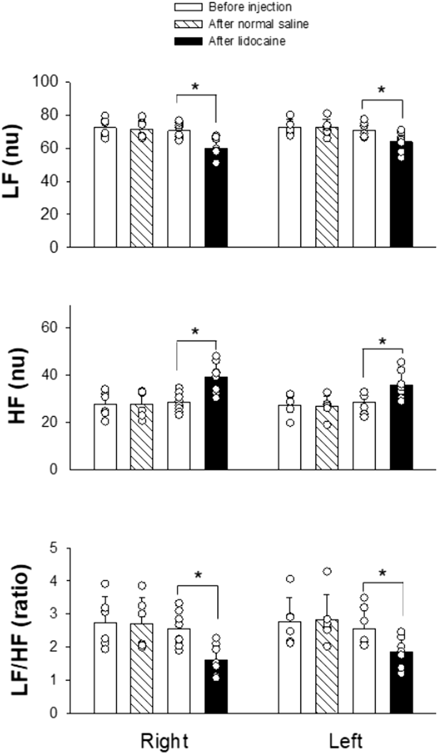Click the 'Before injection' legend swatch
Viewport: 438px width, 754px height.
pyautogui.click(x=188, y=7)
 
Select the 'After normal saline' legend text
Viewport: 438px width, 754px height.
pyautogui.click(x=258, y=24)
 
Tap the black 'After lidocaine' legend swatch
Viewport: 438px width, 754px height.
pyautogui.click(x=188, y=41)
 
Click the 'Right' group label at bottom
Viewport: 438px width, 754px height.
pyautogui.click(x=164, y=742)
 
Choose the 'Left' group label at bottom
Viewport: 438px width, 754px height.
pyautogui.click(x=346, y=742)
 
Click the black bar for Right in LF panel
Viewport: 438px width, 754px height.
pyautogui.click(x=216, y=199)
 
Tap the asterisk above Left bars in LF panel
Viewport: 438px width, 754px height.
pyautogui.click(x=381, y=90)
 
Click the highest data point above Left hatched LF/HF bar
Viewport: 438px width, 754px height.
pyautogui.click(x=327, y=572)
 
